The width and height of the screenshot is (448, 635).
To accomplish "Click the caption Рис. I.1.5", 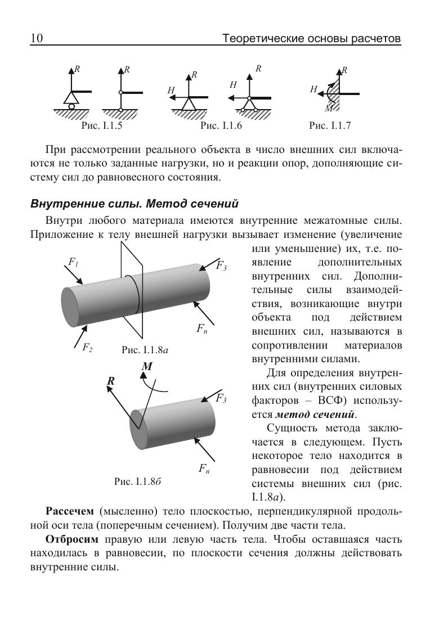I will click(x=102, y=126).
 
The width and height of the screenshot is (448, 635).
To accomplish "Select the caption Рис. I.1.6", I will click(x=221, y=126).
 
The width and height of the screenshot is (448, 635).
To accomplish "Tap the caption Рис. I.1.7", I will click(x=330, y=126).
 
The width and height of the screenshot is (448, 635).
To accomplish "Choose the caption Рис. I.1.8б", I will click(x=138, y=481).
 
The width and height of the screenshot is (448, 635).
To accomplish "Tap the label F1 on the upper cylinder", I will click(x=73, y=262).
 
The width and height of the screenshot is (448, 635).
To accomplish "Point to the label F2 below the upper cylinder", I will click(x=87, y=348).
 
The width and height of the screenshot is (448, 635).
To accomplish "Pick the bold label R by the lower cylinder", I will click(x=111, y=381).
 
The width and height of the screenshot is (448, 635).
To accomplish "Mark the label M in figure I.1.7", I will click(x=328, y=107).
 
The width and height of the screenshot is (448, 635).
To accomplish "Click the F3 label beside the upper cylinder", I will click(x=221, y=267).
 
